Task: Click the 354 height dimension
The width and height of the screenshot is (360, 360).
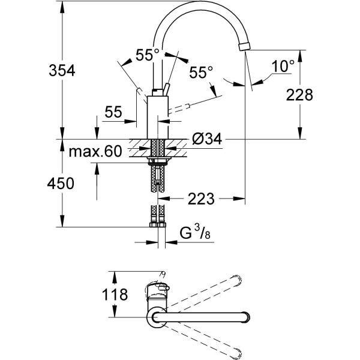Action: pyautogui.click(x=62, y=70)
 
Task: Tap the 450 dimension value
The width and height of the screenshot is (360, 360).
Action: pyautogui.click(x=62, y=184)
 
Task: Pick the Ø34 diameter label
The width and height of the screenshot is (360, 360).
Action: pyautogui.click(x=208, y=139)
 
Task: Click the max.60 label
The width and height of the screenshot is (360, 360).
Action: pyautogui.click(x=94, y=152)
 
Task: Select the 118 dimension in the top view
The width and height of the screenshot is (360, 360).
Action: pyautogui.click(x=115, y=295)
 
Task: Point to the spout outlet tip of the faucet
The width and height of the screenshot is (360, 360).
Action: pyautogui.click(x=244, y=47)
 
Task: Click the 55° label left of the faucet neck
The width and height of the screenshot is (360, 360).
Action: pyautogui.click(x=147, y=55)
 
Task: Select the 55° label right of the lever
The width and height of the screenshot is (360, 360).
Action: pyautogui.click(x=201, y=73)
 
